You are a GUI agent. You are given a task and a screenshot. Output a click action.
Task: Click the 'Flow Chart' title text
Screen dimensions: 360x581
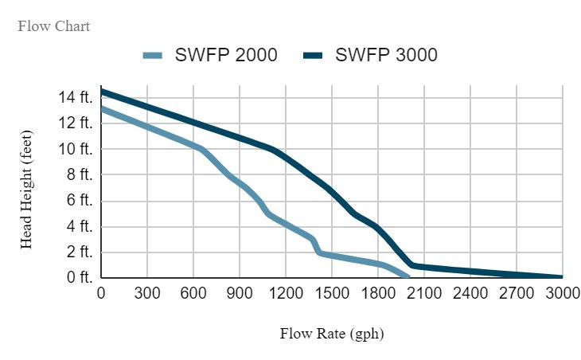pyautogui.click(x=53, y=26)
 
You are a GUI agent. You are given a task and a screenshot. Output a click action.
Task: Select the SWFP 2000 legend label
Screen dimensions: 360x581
pyautogui.click(x=226, y=55)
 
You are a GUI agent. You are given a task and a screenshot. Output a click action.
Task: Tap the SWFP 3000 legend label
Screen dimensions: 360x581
pyautogui.click(x=386, y=55)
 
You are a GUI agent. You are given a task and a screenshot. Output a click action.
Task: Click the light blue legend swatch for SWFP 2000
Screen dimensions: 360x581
pyautogui.click(x=152, y=55)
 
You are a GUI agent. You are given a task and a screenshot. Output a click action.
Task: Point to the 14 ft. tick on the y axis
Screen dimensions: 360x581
pyautogui.click(x=76, y=97)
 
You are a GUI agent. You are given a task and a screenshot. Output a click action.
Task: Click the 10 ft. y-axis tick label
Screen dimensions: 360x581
pyautogui.click(x=76, y=149)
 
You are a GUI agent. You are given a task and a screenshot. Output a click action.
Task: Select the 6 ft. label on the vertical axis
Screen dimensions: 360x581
pyautogui.click(x=79, y=201)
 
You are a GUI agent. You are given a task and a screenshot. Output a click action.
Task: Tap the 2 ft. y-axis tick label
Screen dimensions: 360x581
pyautogui.click(x=79, y=252)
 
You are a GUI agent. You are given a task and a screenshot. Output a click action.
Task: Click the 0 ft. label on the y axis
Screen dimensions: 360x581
pyautogui.click(x=79, y=278)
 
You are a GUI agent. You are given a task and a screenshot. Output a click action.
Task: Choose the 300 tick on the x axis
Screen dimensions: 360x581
pyautogui.click(x=147, y=293)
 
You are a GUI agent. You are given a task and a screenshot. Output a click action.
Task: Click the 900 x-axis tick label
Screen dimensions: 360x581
pyautogui.click(x=240, y=293)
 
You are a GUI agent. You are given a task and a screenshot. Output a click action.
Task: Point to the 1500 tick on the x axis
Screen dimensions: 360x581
pyautogui.click(x=332, y=293)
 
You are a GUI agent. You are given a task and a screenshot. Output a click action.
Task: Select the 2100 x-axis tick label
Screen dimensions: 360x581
pyautogui.click(x=424, y=293)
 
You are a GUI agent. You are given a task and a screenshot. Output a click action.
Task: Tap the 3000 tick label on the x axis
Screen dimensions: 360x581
pyautogui.click(x=562, y=293)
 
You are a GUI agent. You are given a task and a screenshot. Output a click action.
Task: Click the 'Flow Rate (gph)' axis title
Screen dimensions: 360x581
pyautogui.click(x=331, y=334)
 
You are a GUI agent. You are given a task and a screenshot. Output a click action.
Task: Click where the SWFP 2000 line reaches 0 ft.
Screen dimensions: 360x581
pyautogui.click(x=407, y=277)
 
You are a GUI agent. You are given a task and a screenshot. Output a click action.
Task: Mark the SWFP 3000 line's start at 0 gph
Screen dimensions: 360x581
pyautogui.click(x=102, y=92)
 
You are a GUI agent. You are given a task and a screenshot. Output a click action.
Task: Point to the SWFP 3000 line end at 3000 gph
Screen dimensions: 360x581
pyautogui.click(x=562, y=277)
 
